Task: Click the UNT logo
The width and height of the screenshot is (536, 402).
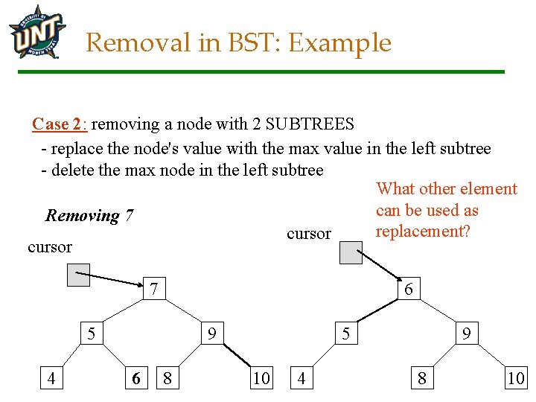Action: [x=37, y=31]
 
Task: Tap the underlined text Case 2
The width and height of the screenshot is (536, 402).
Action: [x=60, y=124]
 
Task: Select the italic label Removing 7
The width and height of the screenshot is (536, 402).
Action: [x=89, y=216]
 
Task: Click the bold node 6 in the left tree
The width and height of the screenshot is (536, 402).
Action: [x=135, y=378]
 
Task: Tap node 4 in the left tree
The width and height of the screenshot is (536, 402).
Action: [x=51, y=378]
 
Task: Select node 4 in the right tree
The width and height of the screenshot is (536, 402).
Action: [x=301, y=378]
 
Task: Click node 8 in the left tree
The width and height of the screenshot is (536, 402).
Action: [x=167, y=378]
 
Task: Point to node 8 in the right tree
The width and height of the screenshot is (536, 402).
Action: [x=422, y=378]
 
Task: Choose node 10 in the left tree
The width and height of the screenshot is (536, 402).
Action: [x=261, y=378]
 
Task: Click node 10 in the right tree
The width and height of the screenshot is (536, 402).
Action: [x=515, y=378]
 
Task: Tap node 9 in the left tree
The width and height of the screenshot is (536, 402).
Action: [x=212, y=334]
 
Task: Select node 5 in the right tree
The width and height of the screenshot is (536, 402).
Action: [x=346, y=334]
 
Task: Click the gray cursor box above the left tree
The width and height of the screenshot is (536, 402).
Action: [x=78, y=275]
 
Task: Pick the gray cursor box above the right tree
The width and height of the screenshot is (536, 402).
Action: [x=351, y=252]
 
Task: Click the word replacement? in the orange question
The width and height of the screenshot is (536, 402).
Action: [x=423, y=231]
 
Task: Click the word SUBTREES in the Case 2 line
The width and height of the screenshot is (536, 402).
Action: [x=310, y=124]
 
